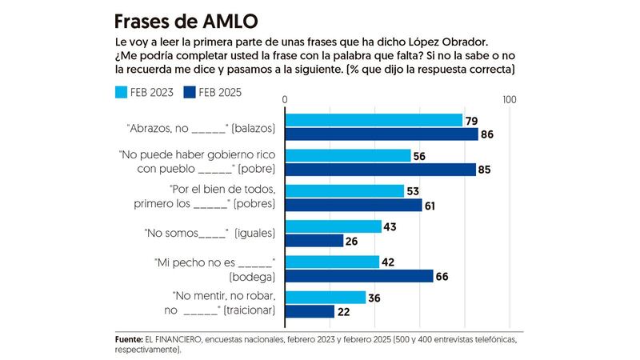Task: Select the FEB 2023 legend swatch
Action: [x=122, y=92]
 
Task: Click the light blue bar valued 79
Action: [x=374, y=120]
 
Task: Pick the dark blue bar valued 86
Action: [x=382, y=134]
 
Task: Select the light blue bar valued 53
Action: [x=345, y=190]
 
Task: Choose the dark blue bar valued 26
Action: [x=314, y=240]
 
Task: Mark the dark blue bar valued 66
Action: [x=359, y=276]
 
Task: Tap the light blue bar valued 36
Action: [x=326, y=297]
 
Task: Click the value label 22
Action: [x=345, y=311]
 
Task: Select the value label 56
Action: [x=421, y=156]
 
